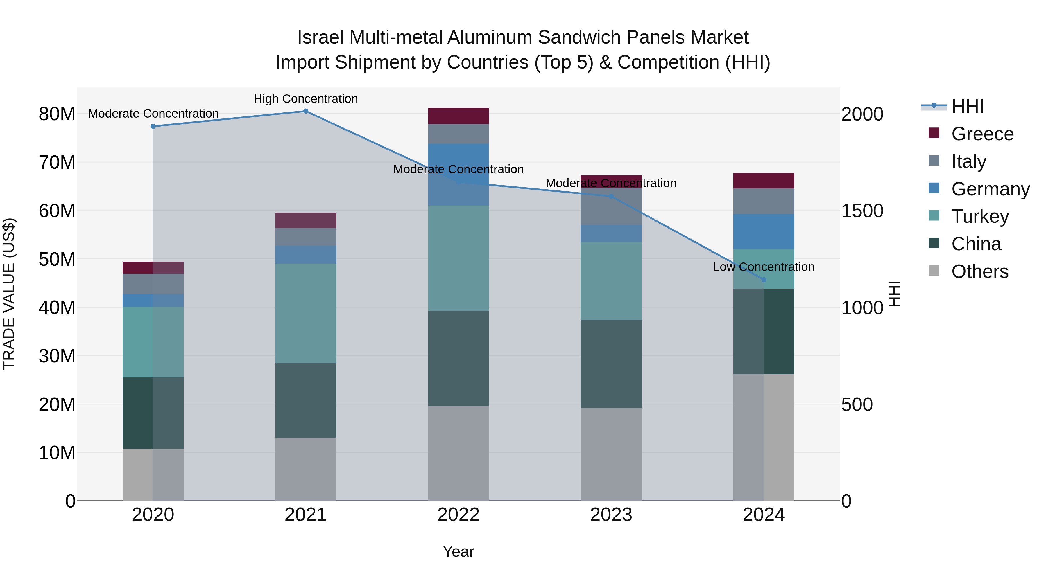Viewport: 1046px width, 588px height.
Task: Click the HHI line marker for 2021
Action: (306, 111)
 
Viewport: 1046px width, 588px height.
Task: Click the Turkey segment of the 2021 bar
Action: (306, 313)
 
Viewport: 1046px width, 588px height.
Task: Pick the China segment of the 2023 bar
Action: (611, 364)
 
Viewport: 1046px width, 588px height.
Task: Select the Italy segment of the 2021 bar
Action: (306, 237)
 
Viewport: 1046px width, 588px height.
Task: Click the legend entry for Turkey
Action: (979, 216)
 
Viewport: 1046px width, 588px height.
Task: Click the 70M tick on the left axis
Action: (57, 162)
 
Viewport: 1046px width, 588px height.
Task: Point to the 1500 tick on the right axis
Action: (862, 211)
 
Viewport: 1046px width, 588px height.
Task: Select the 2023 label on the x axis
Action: (611, 515)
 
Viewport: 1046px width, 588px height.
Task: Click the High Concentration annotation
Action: (306, 99)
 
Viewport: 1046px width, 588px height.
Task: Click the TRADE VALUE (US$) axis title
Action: (9, 294)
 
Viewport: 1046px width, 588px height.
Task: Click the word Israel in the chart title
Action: (320, 37)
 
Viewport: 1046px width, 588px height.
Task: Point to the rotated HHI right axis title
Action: (895, 294)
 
